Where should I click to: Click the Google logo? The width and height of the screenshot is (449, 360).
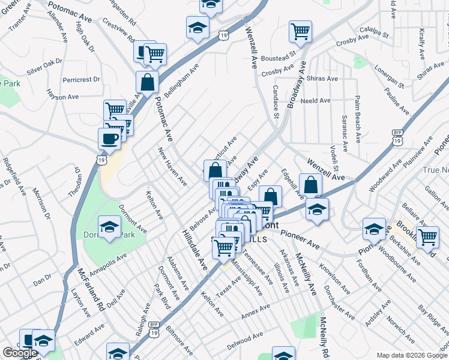pyautogui.click(x=20, y=353)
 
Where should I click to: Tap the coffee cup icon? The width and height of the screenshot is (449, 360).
pyautogui.click(x=109, y=138)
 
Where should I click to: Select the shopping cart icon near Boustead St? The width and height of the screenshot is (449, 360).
pyautogui.click(x=300, y=31)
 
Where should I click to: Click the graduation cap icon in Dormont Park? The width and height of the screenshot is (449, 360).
pyautogui.click(x=109, y=226)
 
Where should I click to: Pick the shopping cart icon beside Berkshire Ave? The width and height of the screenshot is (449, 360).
pyautogui.click(x=428, y=236)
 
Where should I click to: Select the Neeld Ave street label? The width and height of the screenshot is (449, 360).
pyautogui.click(x=316, y=101)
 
